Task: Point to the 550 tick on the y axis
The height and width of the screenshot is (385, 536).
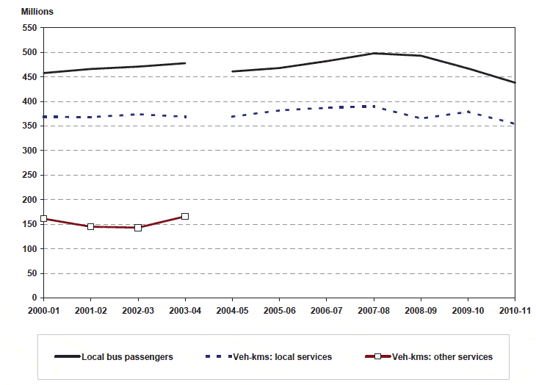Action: [29, 28]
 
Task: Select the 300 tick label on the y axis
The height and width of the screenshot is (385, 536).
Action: [29, 151]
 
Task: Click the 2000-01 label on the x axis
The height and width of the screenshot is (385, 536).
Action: [43, 312]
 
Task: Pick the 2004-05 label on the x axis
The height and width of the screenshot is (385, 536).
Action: [232, 312]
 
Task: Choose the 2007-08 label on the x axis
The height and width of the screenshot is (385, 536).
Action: [374, 312]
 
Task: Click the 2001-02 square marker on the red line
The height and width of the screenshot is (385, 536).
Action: [90, 226]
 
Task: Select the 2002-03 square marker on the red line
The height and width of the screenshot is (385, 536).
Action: [138, 228]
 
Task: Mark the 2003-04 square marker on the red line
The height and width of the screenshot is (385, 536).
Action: [185, 216]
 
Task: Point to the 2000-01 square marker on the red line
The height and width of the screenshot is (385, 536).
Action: [44, 218]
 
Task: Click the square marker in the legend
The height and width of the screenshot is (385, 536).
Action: [378, 357]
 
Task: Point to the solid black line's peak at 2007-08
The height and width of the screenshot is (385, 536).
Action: [374, 53]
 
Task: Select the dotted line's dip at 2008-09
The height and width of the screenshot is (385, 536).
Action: [421, 118]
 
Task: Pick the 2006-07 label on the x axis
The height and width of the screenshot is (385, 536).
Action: [326, 312]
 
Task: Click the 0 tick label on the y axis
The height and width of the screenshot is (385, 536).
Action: [34, 298]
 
